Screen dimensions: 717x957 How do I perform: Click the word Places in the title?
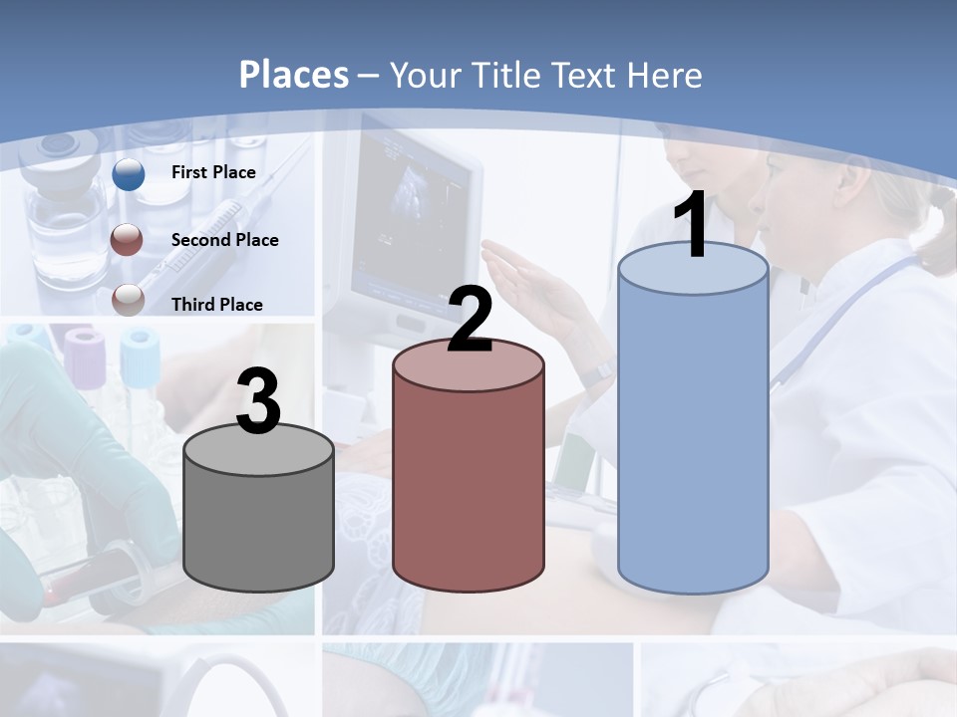[294, 75]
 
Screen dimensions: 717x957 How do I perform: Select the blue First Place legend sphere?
[129, 173]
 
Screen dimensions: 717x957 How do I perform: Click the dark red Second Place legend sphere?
[129, 239]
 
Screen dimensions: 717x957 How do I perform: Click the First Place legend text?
[213, 172]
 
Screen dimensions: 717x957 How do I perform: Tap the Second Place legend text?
[224, 239]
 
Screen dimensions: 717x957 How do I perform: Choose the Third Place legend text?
[217, 305]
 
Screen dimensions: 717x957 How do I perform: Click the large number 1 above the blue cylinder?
[691, 226]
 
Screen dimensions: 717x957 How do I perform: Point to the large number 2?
[471, 320]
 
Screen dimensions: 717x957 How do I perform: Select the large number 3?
[259, 402]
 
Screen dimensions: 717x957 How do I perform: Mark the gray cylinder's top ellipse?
[259, 450]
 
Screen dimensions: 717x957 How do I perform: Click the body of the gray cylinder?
[259, 528]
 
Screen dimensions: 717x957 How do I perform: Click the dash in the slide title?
[368, 77]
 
